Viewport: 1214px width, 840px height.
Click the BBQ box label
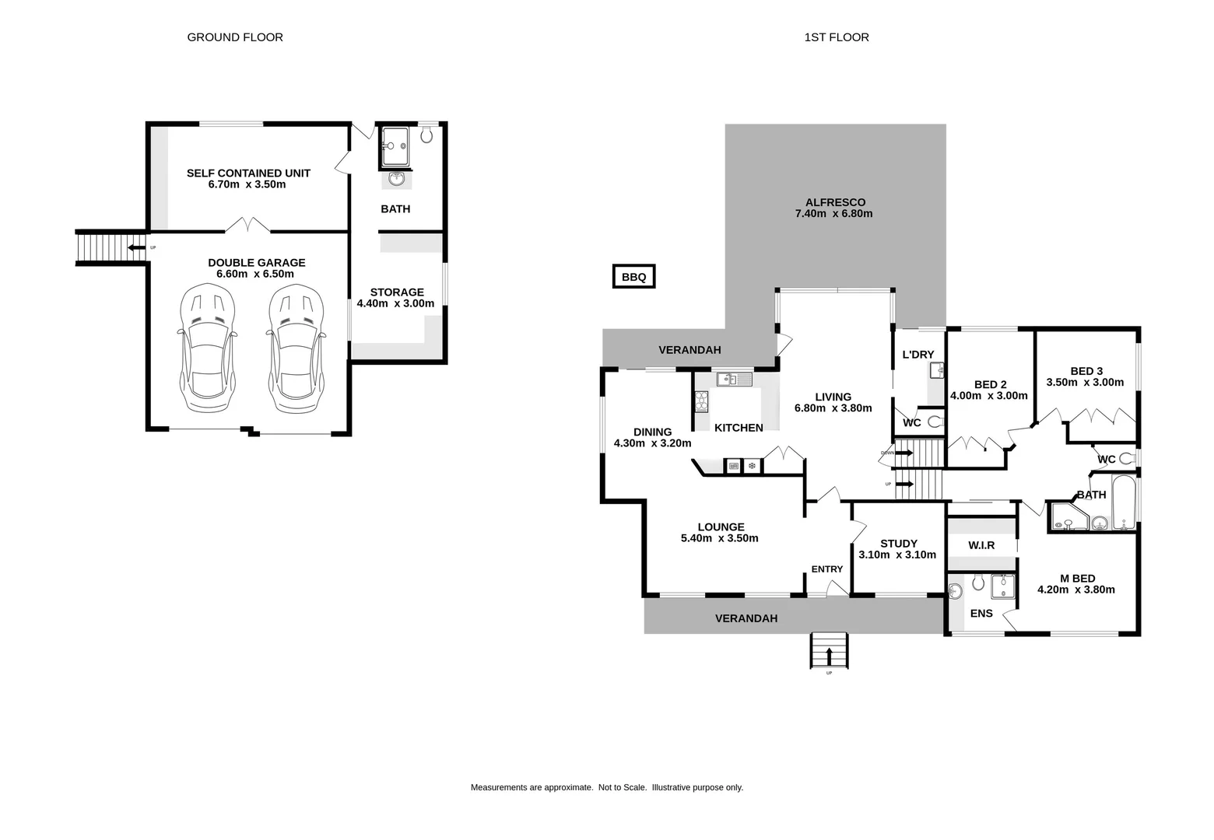coord(633,277)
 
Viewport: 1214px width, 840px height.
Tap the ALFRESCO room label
coord(835,202)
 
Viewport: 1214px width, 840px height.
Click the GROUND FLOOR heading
coord(235,37)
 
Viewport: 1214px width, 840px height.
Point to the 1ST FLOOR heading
coord(837,37)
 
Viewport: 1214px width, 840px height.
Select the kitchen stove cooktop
coord(701,401)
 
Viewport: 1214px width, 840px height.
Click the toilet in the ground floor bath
coord(426,135)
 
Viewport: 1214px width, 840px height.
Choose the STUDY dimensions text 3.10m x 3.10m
coord(897,555)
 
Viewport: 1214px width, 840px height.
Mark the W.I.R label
coord(981,545)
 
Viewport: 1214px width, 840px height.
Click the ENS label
coord(981,613)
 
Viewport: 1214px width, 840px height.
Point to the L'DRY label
coord(918,355)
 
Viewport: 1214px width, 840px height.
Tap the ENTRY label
coord(826,569)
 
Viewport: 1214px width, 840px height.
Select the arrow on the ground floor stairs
coord(136,248)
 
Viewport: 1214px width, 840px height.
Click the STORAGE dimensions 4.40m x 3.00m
coord(395,304)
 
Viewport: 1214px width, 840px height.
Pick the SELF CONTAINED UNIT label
coord(248,173)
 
